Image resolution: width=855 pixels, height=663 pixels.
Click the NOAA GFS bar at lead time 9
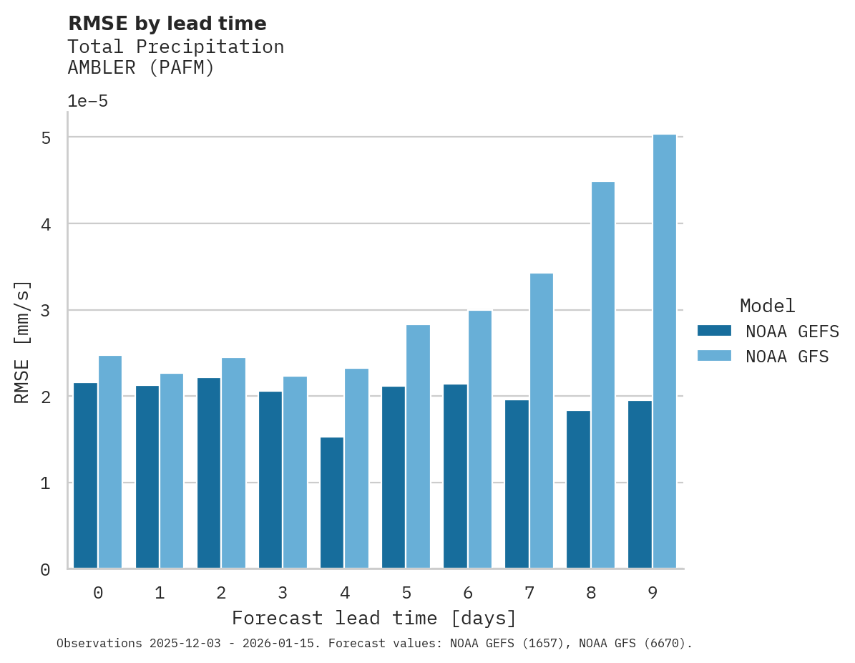(665, 352)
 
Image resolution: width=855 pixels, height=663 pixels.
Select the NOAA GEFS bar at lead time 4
(332, 503)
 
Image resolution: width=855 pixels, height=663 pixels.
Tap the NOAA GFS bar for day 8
(603, 375)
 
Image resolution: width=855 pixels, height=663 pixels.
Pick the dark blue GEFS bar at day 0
(86, 475)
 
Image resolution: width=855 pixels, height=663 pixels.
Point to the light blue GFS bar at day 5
(419, 447)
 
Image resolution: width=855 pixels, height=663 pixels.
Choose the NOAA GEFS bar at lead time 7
(517, 484)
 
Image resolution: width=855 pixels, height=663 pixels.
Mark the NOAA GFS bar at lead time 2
(233, 463)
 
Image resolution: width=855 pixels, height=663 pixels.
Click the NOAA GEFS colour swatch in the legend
(714, 331)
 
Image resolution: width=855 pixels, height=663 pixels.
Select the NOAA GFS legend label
(787, 357)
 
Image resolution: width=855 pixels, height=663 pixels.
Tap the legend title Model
(767, 306)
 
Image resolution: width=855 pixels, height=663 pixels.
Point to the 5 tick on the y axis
(46, 137)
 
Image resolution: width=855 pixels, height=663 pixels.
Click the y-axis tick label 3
(46, 311)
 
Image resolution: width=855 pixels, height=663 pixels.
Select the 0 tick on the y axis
(46, 570)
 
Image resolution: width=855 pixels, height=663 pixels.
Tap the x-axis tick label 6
(468, 593)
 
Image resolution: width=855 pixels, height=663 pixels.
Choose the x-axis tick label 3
(283, 593)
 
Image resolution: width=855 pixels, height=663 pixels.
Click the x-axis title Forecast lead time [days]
(374, 618)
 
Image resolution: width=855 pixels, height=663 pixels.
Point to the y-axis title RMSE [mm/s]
(22, 342)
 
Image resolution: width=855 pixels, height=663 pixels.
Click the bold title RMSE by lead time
(167, 24)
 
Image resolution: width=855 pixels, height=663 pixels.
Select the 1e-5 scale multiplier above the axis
(88, 102)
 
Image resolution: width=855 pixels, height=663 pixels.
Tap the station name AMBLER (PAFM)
(141, 68)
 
